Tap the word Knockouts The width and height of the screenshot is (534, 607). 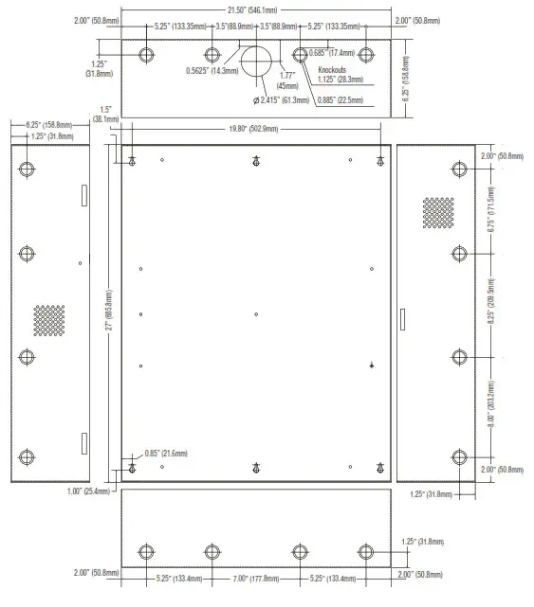click(335, 70)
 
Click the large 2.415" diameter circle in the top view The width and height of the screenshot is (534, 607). click(257, 62)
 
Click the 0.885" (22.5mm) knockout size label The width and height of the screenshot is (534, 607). click(341, 99)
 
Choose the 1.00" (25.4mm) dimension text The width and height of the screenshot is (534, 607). click(94, 491)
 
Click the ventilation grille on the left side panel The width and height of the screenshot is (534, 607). click(50, 320)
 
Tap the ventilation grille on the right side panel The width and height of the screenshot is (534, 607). click(437, 212)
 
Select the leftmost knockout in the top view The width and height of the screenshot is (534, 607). click(145, 54)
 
